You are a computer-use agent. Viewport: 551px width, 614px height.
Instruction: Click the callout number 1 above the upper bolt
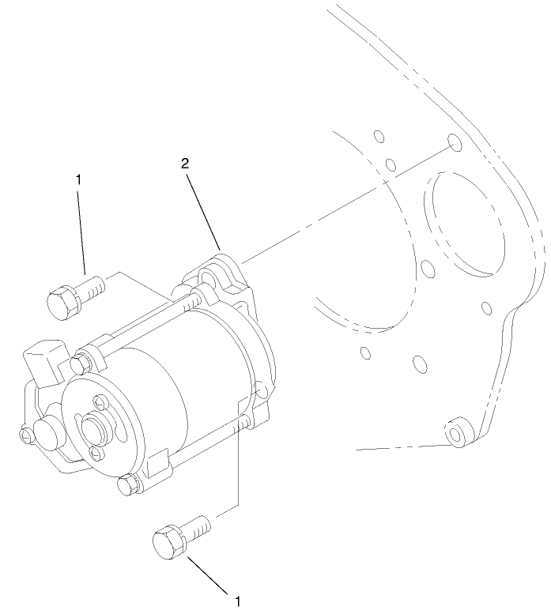click(78, 179)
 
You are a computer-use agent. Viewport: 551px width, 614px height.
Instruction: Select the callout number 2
click(185, 164)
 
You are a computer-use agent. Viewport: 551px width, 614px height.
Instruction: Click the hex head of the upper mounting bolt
click(61, 303)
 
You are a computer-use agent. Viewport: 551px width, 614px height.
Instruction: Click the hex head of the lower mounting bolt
click(168, 544)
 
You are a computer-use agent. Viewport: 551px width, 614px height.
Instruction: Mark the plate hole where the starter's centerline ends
click(454, 141)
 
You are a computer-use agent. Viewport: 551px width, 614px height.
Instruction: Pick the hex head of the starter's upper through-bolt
click(79, 364)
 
